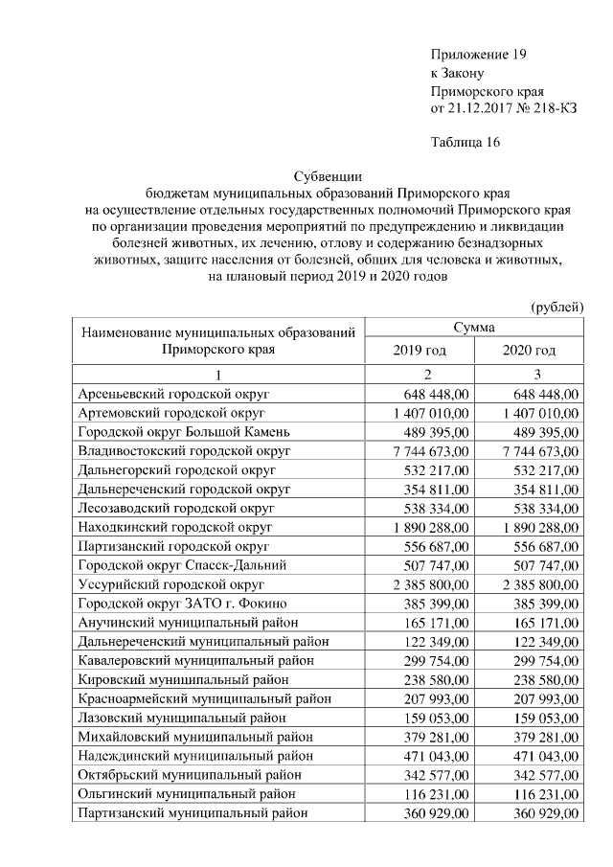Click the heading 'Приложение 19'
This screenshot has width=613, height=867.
(x=479, y=55)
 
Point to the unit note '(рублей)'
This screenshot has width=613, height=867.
(x=556, y=307)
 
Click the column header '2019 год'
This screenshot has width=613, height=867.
(x=420, y=350)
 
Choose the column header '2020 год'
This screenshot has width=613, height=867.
(x=529, y=350)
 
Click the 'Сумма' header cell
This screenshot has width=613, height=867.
(x=474, y=327)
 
